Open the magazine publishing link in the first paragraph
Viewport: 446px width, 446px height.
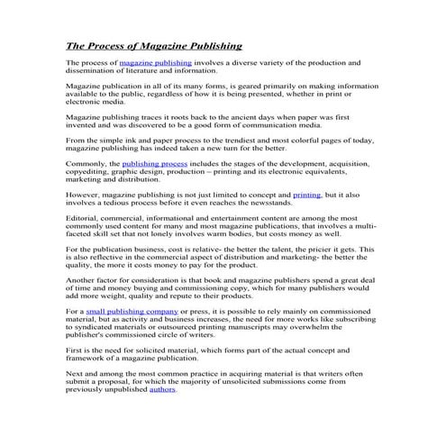155,63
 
